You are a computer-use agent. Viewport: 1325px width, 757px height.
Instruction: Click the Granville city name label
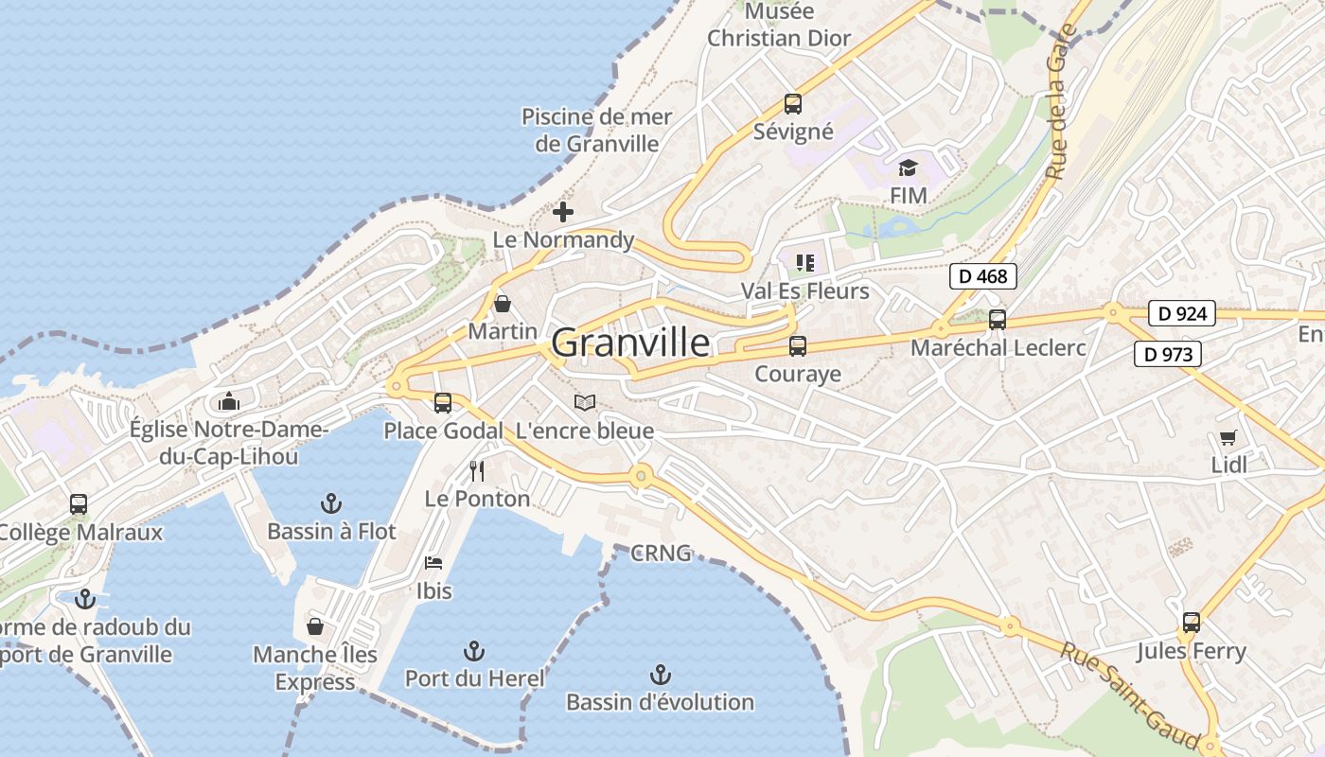pos(630,343)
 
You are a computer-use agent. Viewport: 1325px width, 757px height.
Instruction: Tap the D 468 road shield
pos(983,276)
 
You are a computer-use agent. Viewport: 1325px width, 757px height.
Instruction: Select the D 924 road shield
pos(1181,313)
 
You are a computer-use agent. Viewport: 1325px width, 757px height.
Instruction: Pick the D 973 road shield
pos(1167,355)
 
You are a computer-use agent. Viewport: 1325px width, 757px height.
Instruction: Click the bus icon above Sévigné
pos(793,104)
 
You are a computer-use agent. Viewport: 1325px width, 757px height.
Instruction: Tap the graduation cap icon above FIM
pos(909,167)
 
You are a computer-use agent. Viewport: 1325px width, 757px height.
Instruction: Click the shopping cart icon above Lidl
pos(1228,437)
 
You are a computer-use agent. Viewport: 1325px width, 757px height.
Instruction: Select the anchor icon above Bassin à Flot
pos(331,502)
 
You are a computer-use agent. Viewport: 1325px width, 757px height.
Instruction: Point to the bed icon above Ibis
pos(433,562)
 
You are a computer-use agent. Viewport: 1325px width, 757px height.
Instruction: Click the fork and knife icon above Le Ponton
pos(477,470)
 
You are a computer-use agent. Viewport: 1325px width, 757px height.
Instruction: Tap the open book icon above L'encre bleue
pos(585,403)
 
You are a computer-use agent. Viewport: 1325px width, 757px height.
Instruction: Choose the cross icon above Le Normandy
pos(563,212)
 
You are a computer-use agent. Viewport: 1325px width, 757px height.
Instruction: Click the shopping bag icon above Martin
pos(503,304)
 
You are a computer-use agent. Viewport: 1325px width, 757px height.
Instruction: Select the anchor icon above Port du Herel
pos(474,651)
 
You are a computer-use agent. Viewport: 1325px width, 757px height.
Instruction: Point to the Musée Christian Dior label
pos(780,26)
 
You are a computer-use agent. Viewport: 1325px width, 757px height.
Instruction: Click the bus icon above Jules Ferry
pos(1191,623)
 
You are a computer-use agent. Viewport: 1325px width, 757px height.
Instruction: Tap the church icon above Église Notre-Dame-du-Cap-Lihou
pos(228,402)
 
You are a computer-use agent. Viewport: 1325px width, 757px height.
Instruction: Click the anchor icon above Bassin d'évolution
pos(661,675)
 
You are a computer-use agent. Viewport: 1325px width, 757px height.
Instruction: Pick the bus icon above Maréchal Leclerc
pos(998,320)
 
